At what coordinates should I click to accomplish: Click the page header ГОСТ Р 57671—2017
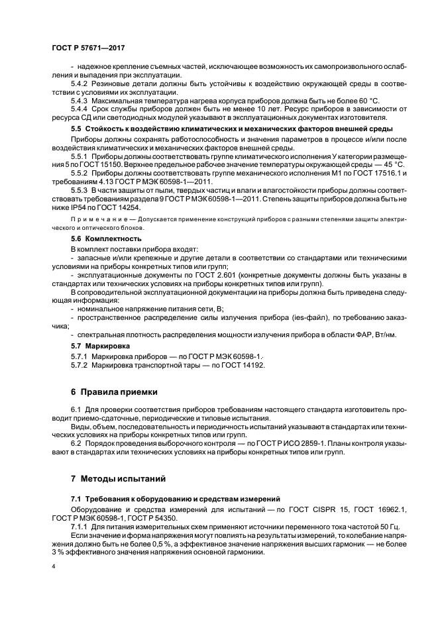[x=88, y=48]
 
